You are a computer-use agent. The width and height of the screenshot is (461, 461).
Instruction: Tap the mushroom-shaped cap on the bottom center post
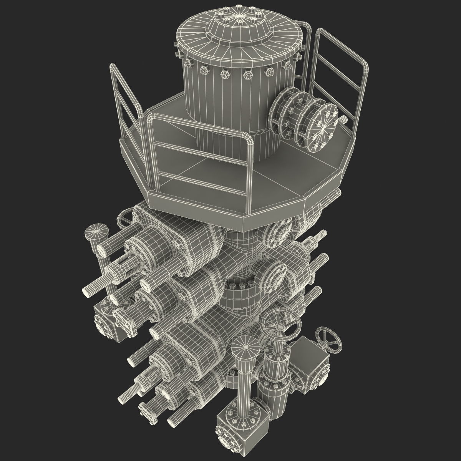[245, 345]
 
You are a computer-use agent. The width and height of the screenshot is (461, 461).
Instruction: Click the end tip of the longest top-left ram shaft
[87, 291]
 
